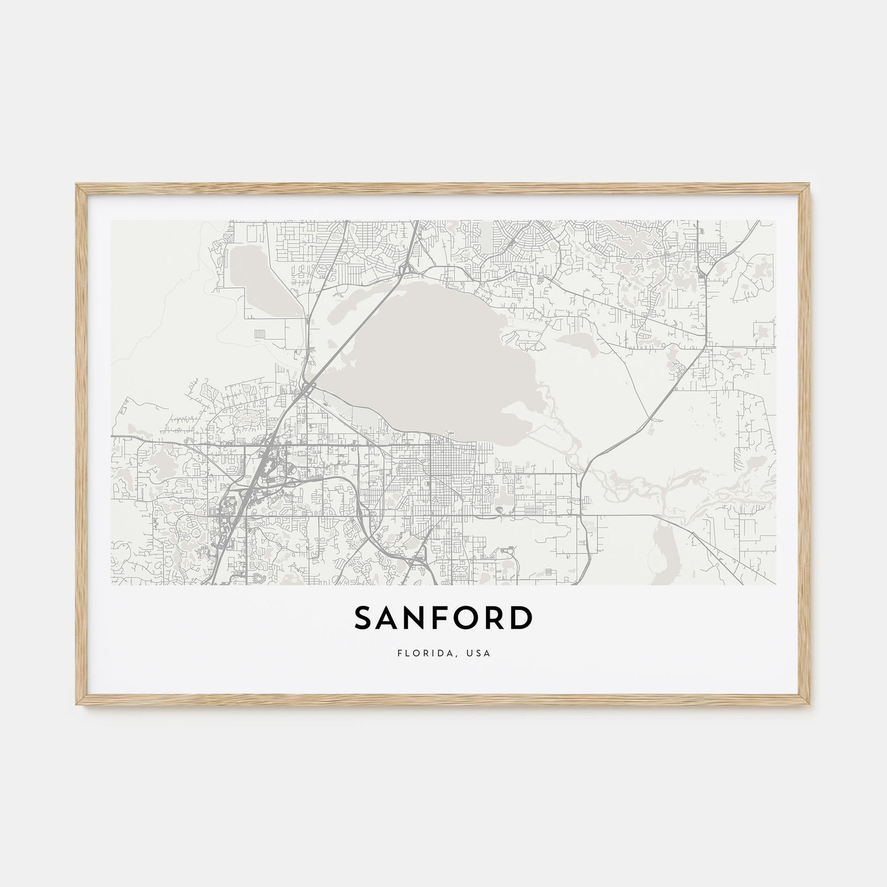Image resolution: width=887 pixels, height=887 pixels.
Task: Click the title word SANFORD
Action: click(x=443, y=619)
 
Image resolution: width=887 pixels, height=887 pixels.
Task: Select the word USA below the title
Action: click(x=478, y=653)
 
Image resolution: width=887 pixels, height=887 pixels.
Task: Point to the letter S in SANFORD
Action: click(x=365, y=619)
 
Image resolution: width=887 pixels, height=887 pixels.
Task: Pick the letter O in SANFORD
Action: click(x=466, y=619)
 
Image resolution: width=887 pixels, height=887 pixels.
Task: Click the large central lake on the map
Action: click(x=437, y=355)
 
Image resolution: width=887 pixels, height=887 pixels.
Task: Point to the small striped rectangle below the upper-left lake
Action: click(x=260, y=333)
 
